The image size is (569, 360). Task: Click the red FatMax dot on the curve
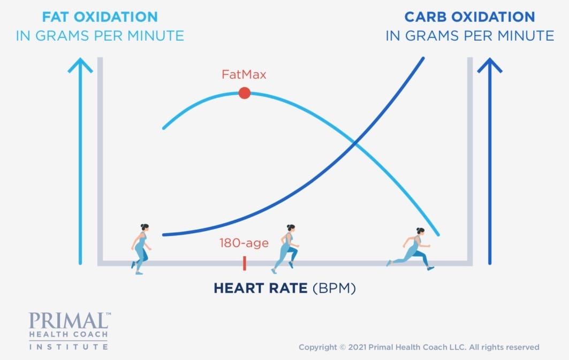pos(245,93)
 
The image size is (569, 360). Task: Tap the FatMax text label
pos(244,75)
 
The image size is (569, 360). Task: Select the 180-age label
pos(244,243)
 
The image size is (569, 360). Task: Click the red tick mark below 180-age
pos(245,263)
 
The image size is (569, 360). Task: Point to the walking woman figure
pos(141,249)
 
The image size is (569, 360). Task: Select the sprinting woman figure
pos(411,249)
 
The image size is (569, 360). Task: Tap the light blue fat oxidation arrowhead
pos(80,65)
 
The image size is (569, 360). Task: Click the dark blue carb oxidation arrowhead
pos(490,65)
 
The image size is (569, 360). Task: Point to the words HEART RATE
pos(261,288)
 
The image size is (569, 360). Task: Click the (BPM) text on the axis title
pos(334,288)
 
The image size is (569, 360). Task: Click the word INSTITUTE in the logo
pos(68,347)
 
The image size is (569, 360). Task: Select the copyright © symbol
pos(343,347)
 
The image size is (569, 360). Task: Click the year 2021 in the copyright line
pos(358,347)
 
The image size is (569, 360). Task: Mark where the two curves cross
pos(355,144)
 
